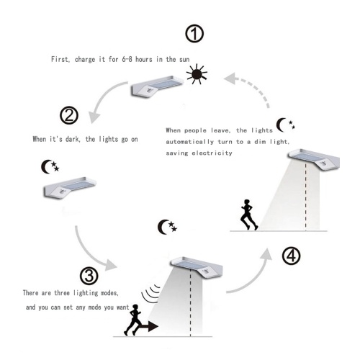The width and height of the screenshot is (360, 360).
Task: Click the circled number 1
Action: tap(194, 34)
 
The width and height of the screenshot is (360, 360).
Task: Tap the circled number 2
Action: tap(69, 115)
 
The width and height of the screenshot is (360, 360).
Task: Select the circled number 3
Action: tap(89, 276)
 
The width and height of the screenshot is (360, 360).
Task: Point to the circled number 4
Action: tap(291, 256)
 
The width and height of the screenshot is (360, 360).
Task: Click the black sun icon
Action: tap(197, 74)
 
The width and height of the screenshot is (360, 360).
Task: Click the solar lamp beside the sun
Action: tap(157, 87)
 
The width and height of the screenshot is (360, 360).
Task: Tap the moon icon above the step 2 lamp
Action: tap(50, 166)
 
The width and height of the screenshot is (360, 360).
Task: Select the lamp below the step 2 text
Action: tap(70, 188)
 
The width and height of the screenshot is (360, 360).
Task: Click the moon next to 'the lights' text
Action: tap(285, 125)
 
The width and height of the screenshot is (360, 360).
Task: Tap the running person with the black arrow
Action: tap(132, 320)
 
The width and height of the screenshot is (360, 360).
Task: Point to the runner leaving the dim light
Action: tap(249, 215)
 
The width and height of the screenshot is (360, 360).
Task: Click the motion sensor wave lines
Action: tap(150, 294)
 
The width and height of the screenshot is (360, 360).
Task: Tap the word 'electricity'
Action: tap(212, 153)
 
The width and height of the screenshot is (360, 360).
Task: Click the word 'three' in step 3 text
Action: tap(62, 293)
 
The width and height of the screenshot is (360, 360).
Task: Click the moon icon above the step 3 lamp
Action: tap(167, 227)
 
